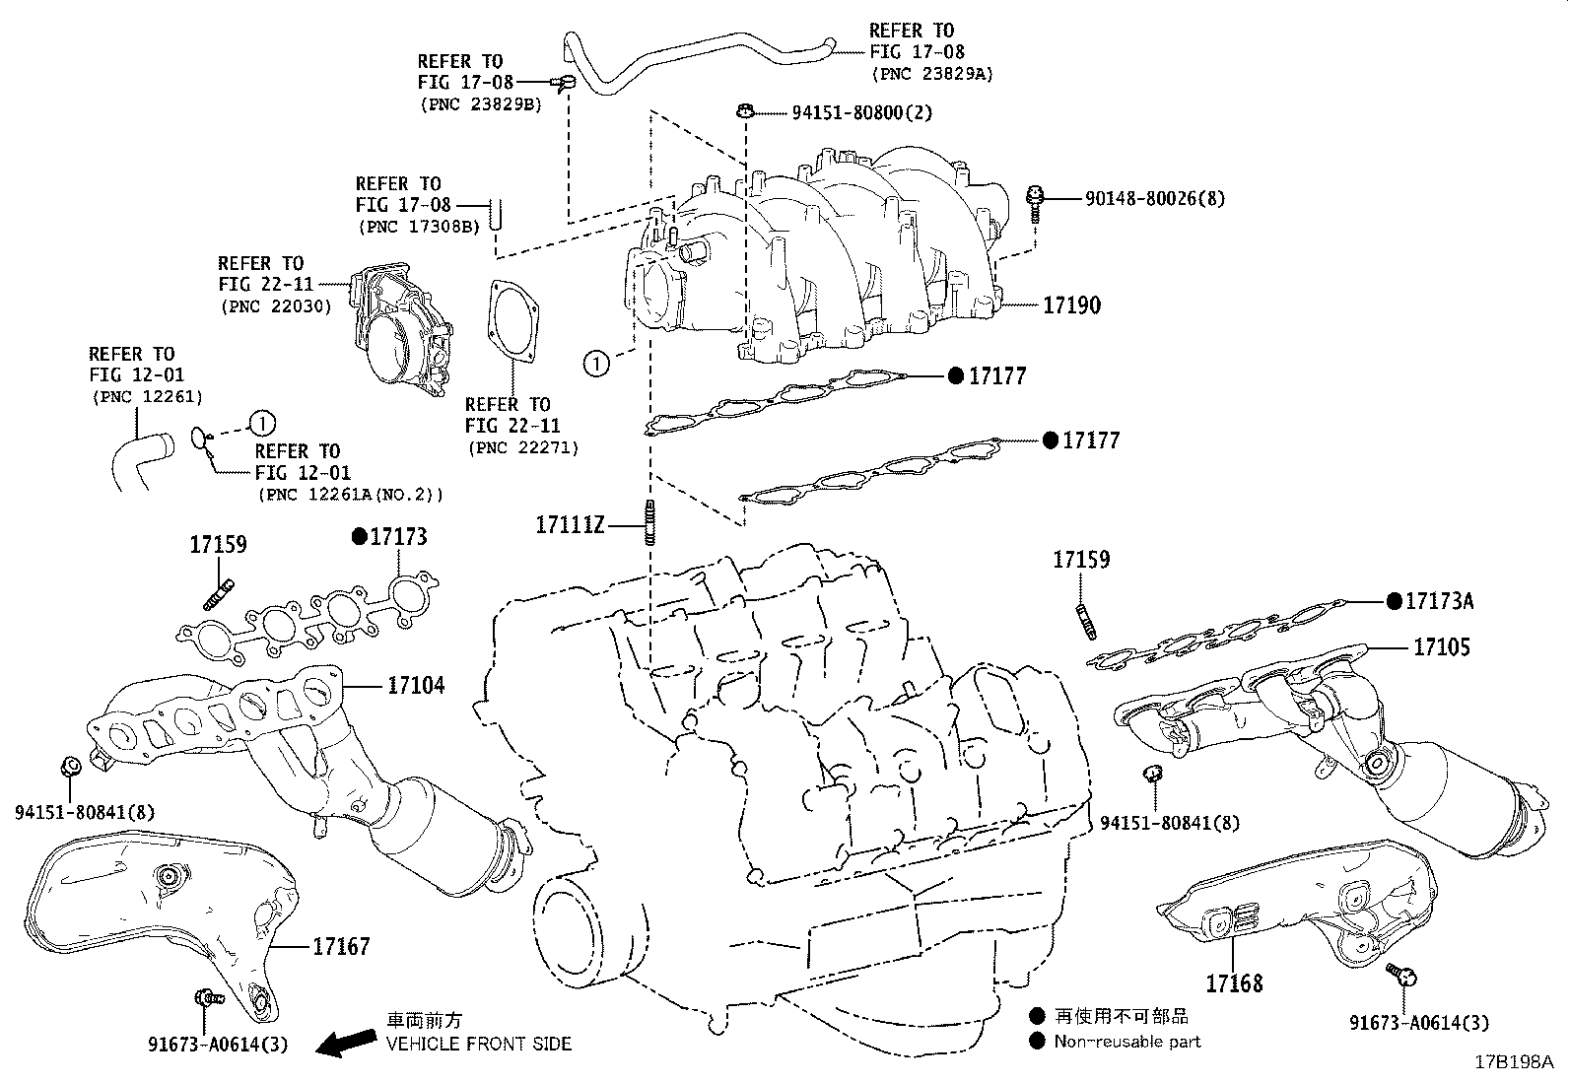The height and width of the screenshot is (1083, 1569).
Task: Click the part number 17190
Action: tap(1071, 305)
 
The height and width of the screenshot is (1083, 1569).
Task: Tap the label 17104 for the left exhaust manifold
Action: tap(415, 684)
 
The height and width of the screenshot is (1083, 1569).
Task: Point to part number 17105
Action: tap(1441, 647)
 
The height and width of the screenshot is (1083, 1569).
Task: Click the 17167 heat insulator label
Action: tap(341, 947)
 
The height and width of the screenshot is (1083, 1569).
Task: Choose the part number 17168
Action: tap(1233, 983)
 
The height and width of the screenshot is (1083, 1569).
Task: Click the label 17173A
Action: tap(1439, 600)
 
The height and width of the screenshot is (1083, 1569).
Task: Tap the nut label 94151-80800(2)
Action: tap(861, 112)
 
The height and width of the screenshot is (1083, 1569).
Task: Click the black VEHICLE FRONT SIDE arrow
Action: tap(350, 1042)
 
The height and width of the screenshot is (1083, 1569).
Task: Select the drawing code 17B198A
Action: tap(1513, 1062)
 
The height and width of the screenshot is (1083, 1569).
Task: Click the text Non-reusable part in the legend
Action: tap(1127, 1041)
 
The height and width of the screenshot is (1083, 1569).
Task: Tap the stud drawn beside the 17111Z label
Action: tap(649, 522)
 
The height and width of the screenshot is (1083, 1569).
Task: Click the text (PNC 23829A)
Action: tap(931, 73)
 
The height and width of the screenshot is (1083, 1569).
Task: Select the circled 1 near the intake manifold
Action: tap(597, 364)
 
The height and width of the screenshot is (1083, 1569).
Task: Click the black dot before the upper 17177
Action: tap(954, 375)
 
